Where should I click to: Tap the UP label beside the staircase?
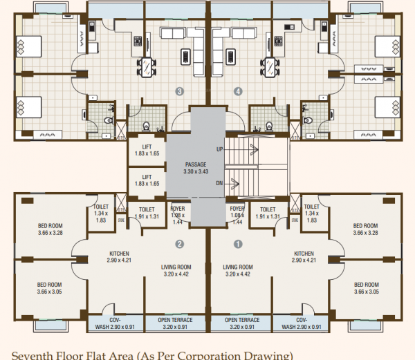pyautogui.click(x=220, y=149)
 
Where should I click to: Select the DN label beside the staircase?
pyautogui.click(x=220, y=183)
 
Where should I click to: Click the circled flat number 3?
pyautogui.click(x=180, y=91)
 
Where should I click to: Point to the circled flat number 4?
pyautogui.click(x=239, y=91)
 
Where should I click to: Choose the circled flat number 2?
pyautogui.click(x=179, y=244)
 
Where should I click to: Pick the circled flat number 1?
pyautogui.click(x=239, y=244)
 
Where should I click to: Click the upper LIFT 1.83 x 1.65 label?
pyautogui.click(x=147, y=151)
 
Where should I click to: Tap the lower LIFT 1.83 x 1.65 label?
pyautogui.click(x=147, y=181)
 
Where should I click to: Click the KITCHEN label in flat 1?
pyautogui.click(x=304, y=257)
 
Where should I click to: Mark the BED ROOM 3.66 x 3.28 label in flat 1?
pyautogui.click(x=365, y=229)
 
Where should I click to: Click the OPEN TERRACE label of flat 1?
pyautogui.click(x=242, y=323)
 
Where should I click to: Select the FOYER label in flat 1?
pyautogui.click(x=237, y=211)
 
